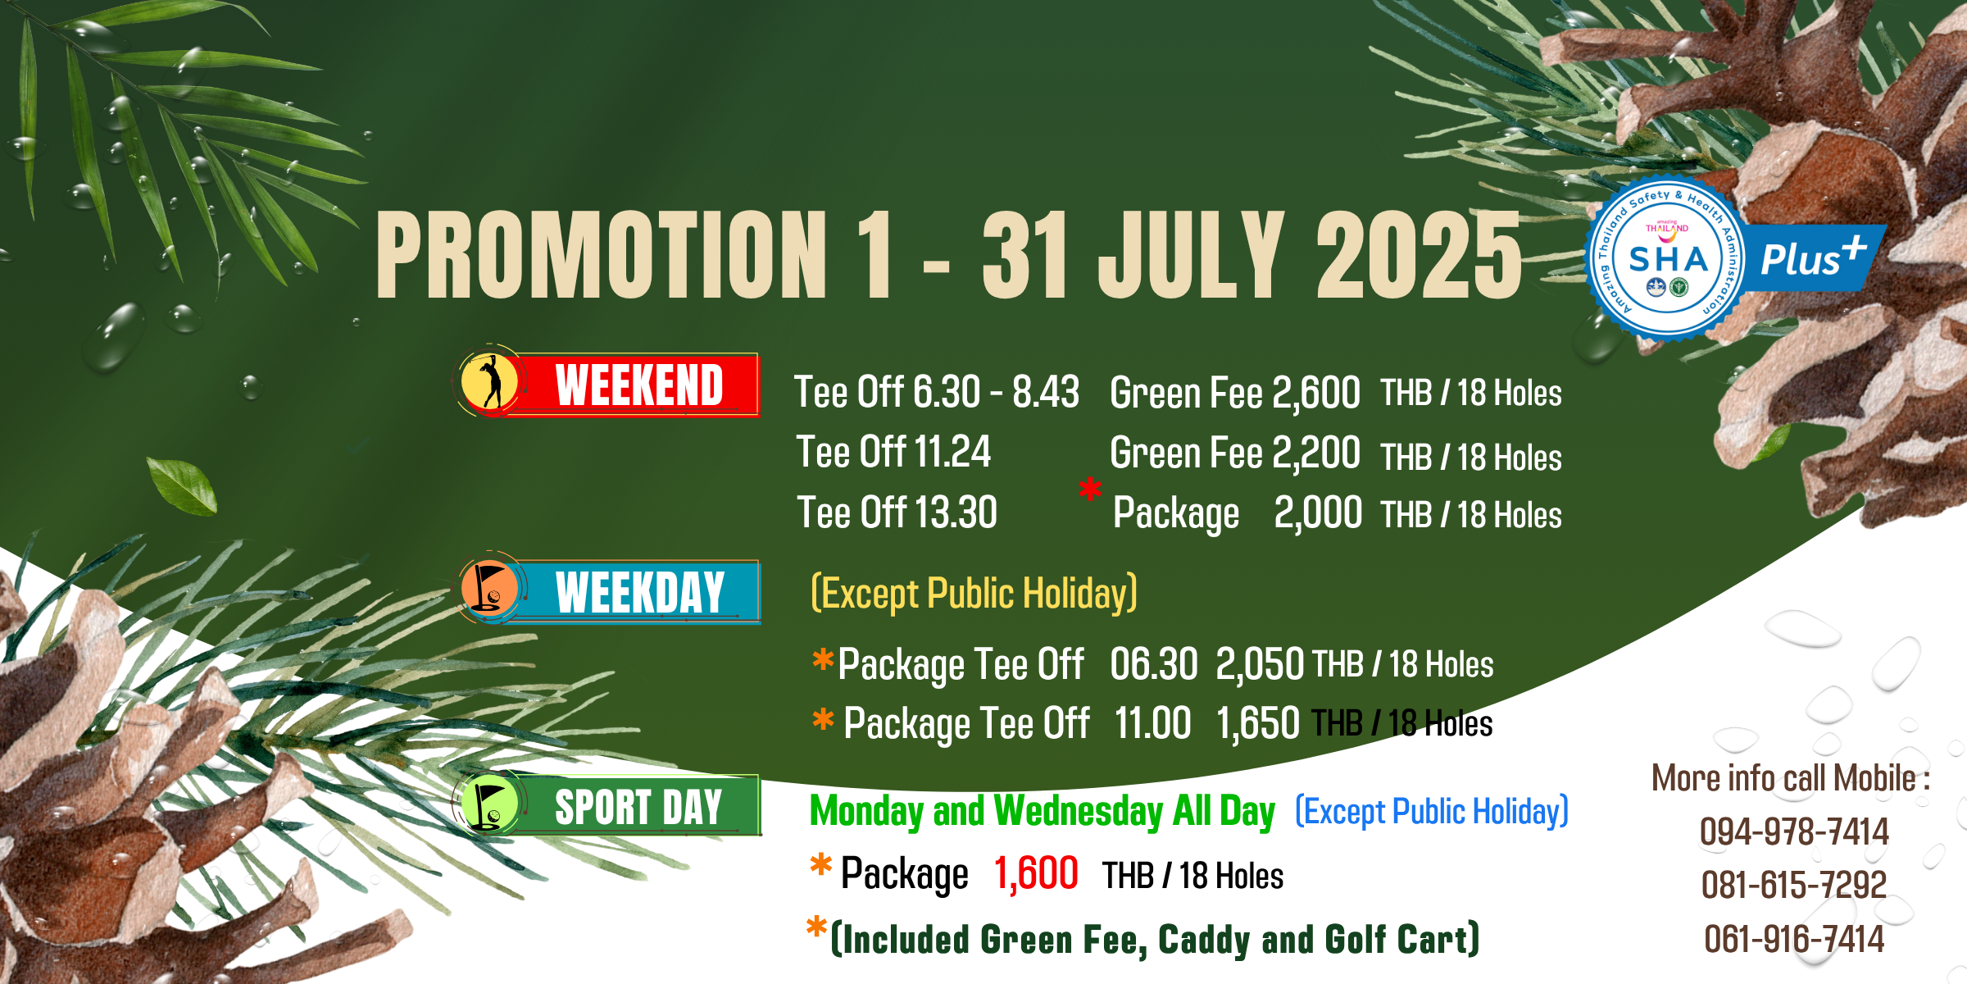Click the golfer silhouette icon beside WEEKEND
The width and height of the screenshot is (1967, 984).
click(x=490, y=381)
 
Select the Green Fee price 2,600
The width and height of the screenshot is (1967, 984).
click(x=1316, y=392)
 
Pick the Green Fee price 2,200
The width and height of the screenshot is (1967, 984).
click(x=1316, y=453)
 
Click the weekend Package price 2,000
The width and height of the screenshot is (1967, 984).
click(x=1318, y=513)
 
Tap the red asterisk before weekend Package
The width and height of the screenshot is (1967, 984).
click(x=1090, y=490)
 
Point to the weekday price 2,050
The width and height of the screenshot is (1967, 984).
click(x=1260, y=663)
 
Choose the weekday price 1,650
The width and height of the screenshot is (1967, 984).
click(x=1257, y=723)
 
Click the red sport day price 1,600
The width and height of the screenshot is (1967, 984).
click(x=1036, y=872)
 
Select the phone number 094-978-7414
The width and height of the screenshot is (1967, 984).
click(x=1794, y=831)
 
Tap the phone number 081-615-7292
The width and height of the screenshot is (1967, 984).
click(x=1794, y=885)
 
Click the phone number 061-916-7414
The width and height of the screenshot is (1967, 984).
click(x=1794, y=939)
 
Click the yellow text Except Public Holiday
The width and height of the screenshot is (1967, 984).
click(x=974, y=593)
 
